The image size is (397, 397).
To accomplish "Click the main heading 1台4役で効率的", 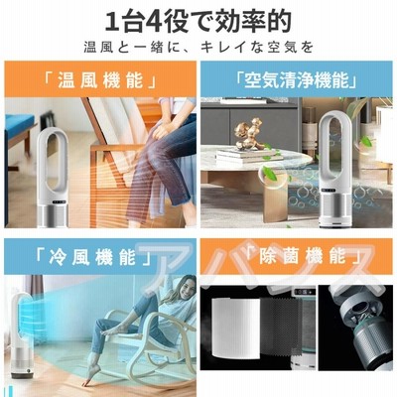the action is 198,22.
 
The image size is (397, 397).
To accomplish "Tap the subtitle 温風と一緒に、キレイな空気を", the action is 198,48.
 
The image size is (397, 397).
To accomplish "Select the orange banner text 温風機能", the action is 100,81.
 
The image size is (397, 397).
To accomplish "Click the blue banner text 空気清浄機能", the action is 297,80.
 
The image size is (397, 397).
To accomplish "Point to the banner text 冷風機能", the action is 92,257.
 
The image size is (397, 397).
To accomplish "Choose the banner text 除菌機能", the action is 303,258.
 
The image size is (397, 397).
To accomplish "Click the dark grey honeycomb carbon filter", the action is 281,331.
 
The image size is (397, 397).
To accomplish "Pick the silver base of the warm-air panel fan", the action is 53,216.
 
